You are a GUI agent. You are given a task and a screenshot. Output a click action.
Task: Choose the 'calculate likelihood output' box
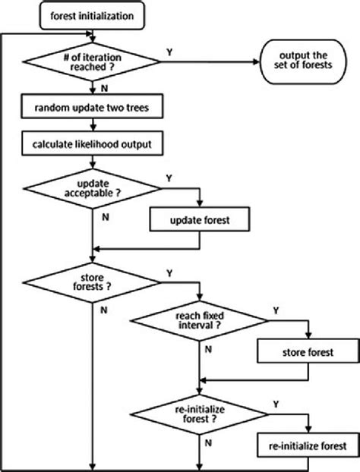pos(92,143)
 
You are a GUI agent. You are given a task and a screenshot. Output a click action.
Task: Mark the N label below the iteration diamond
pos(103,90)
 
